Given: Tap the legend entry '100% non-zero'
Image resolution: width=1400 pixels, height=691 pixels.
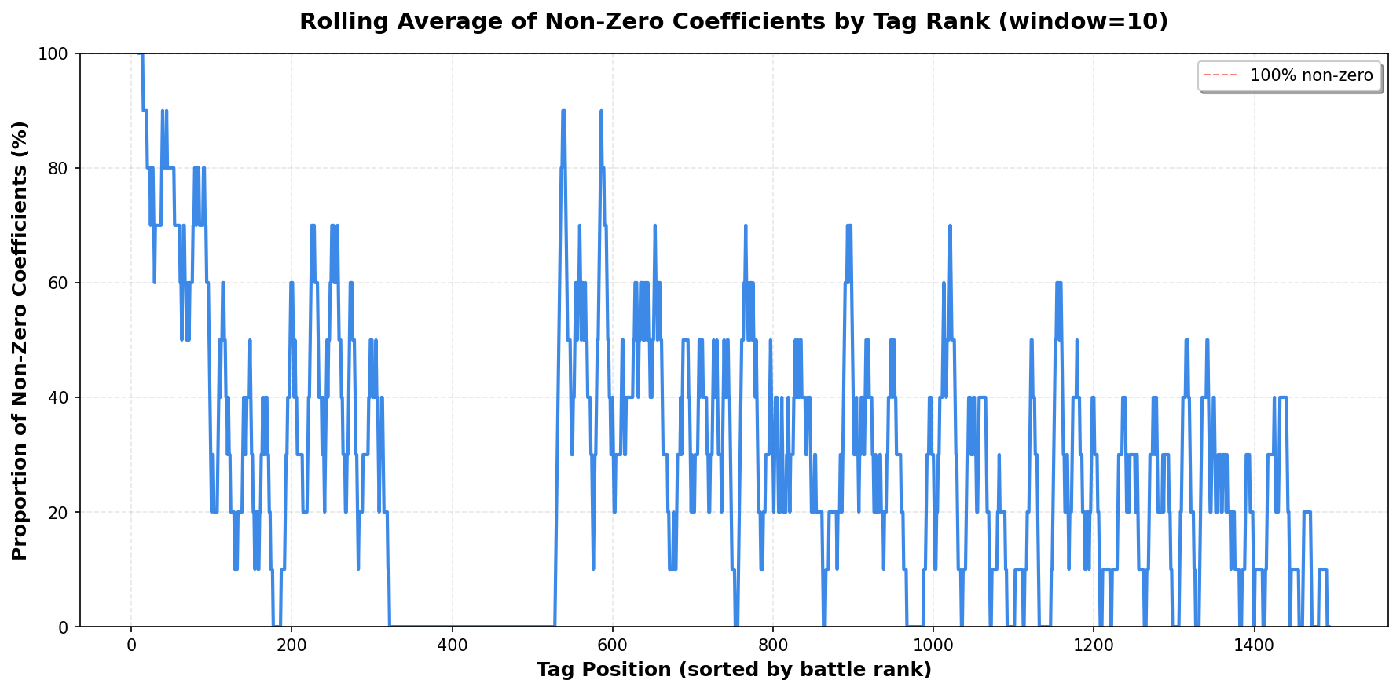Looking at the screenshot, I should [x=1311, y=76].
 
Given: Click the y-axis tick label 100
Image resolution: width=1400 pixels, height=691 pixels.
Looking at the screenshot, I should [x=57, y=53].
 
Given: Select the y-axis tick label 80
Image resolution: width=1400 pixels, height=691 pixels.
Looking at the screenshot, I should [x=60, y=168].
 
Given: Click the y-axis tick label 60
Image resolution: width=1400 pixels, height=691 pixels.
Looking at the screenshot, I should [x=60, y=283].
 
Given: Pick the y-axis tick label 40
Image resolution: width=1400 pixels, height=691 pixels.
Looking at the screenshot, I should [x=60, y=397].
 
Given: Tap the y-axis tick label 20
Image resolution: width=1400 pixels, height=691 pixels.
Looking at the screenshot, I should [x=60, y=512].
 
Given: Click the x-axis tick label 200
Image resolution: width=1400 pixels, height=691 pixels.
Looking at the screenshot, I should [x=291, y=645].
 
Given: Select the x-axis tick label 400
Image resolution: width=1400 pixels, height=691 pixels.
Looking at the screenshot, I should [x=452, y=645].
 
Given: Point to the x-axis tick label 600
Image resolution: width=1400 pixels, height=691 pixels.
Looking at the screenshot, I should [x=612, y=645].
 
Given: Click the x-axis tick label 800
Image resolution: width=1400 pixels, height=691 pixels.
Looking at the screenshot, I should [x=773, y=645].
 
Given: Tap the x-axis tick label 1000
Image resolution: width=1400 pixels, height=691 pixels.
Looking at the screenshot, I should [x=933, y=645].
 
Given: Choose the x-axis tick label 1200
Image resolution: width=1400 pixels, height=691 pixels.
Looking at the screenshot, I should [x=1094, y=645].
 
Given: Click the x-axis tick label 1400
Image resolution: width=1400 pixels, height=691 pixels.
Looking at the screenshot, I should [x=1254, y=645].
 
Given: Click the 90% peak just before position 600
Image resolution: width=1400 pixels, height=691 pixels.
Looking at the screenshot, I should [x=601, y=111].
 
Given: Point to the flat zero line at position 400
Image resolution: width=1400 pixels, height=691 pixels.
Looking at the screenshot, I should [x=452, y=626].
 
